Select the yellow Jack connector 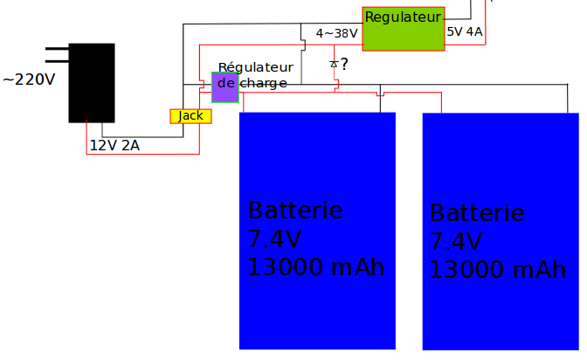click(190, 116)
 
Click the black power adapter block click(92, 82)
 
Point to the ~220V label click(29, 80)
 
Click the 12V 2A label click(114, 146)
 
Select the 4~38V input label click(336, 33)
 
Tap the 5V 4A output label click(465, 32)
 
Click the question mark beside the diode click(344, 64)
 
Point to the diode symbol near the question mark click(334, 64)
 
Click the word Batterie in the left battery click(295, 211)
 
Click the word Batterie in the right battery click(477, 213)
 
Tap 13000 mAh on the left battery click(316, 267)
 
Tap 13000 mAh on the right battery click(498, 270)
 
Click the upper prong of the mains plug click(57, 49)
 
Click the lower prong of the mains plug click(57, 62)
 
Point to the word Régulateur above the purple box click(255, 67)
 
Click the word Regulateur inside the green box click(403, 17)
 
